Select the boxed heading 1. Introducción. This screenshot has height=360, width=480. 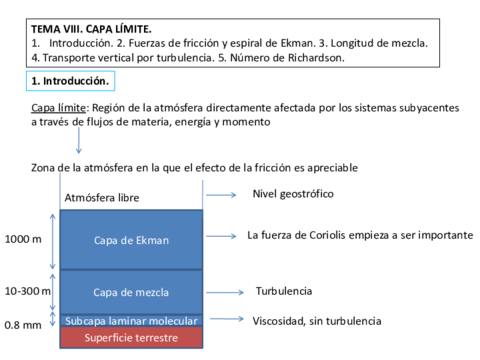pos(70,80)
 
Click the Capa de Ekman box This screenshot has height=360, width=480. pos(131,240)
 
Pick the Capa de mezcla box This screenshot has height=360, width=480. pos(131,292)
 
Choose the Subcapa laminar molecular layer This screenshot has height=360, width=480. pos(131,321)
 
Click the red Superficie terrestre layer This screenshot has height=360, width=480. pos(131,338)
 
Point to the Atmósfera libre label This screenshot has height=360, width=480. pos(102,198)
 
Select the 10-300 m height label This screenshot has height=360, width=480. pos(27,292)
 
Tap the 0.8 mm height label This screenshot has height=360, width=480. pos(23,325)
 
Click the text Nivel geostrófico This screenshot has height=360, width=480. pos(293,193)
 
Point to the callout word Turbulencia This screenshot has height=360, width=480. pos(284,291)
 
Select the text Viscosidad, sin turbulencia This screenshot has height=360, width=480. pos(317,321)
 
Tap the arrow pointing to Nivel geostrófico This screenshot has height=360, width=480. pos(220,195)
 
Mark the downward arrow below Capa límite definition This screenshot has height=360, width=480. pos(78,140)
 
